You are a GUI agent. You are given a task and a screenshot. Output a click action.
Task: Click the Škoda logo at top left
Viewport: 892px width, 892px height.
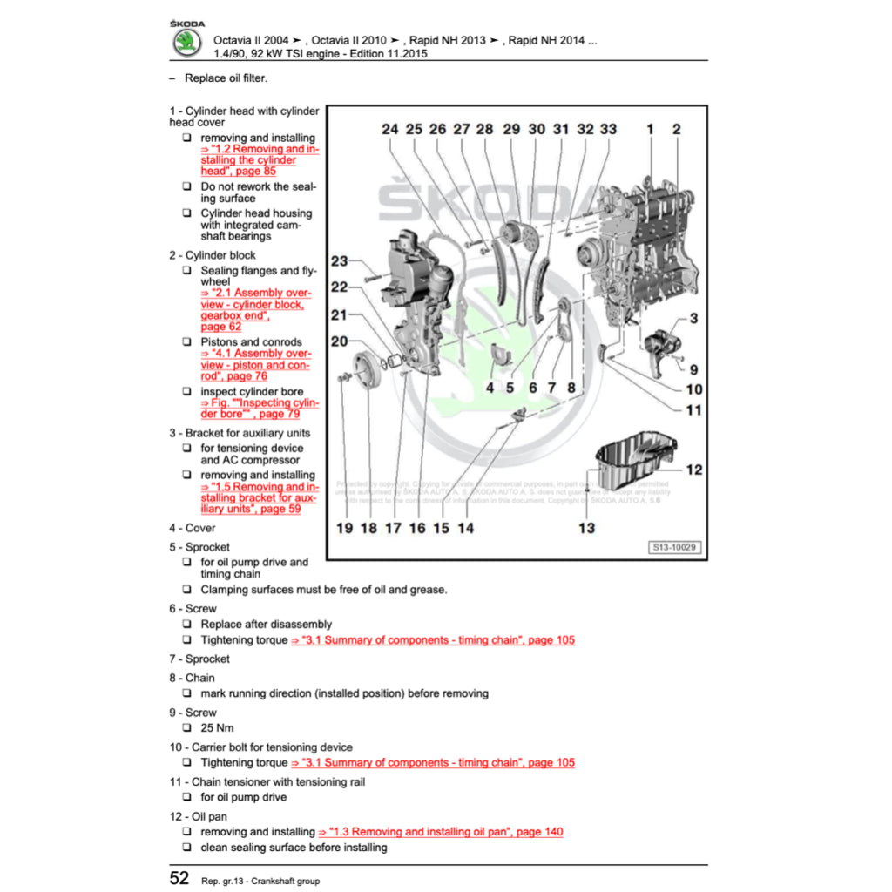(186, 42)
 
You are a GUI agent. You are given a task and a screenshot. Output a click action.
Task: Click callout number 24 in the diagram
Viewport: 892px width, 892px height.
(389, 129)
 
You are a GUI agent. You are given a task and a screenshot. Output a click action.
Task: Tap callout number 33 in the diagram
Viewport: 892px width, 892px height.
(608, 129)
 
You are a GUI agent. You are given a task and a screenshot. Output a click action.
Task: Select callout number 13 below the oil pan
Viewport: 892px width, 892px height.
(586, 527)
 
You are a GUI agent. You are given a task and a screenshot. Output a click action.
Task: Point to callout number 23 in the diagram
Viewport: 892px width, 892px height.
(339, 261)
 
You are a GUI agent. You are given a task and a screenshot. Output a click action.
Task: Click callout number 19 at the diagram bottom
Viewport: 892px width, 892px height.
(344, 528)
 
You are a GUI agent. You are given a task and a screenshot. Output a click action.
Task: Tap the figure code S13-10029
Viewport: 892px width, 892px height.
(675, 548)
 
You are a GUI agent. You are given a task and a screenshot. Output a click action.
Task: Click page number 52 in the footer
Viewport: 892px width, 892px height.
(179, 878)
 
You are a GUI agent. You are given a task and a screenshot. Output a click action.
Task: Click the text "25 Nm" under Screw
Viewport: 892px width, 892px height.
(217, 727)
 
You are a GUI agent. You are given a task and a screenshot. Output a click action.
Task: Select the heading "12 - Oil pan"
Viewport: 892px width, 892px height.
(198, 817)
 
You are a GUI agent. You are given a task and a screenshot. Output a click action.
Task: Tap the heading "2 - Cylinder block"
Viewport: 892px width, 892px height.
(213, 255)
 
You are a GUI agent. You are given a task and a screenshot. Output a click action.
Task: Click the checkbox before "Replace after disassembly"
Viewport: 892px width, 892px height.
(187, 625)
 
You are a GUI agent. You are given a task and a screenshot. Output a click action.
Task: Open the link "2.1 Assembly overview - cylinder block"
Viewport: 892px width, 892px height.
(253, 299)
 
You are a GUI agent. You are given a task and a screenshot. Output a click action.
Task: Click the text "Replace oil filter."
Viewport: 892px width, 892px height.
(226, 78)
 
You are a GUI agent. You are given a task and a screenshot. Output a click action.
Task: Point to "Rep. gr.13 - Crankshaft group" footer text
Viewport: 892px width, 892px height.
(260, 881)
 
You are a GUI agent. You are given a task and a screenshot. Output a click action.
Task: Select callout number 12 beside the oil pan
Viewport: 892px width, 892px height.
(693, 470)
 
